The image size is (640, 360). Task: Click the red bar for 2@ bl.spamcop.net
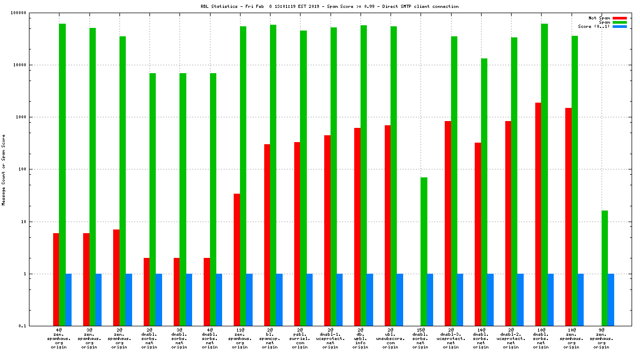pyautogui.click(x=267, y=235)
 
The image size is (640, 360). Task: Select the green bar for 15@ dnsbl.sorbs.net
pyautogui.click(x=424, y=252)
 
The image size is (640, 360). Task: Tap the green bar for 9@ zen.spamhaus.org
pyautogui.click(x=605, y=268)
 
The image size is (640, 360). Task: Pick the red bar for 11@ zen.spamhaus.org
pyautogui.click(x=237, y=259)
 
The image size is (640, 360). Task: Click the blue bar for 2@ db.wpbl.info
pyautogui.click(x=369, y=299)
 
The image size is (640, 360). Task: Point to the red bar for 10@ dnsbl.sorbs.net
pyautogui.click(x=538, y=214)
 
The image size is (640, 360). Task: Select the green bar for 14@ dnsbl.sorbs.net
pyautogui.click(x=484, y=192)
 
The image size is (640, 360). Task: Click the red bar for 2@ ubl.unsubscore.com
pyautogui.click(x=387, y=225)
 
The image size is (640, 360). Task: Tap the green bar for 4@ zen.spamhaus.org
pyautogui.click(x=62, y=175)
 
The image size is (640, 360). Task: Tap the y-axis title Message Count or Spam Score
pyautogui.click(x=4, y=169)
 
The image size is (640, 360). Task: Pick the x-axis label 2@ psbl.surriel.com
pyautogui.click(x=300, y=338)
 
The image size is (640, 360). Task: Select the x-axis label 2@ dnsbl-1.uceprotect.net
pyautogui.click(x=330, y=338)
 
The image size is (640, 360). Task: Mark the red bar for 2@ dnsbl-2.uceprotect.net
pyautogui.click(x=508, y=223)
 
